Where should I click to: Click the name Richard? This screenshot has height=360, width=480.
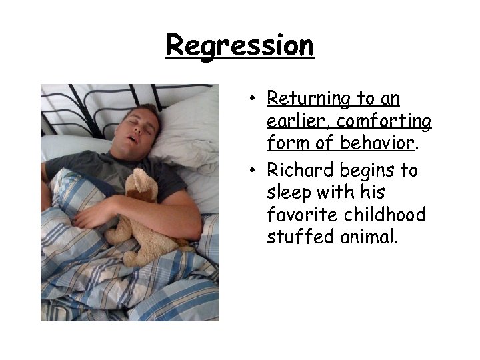click(297, 171)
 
